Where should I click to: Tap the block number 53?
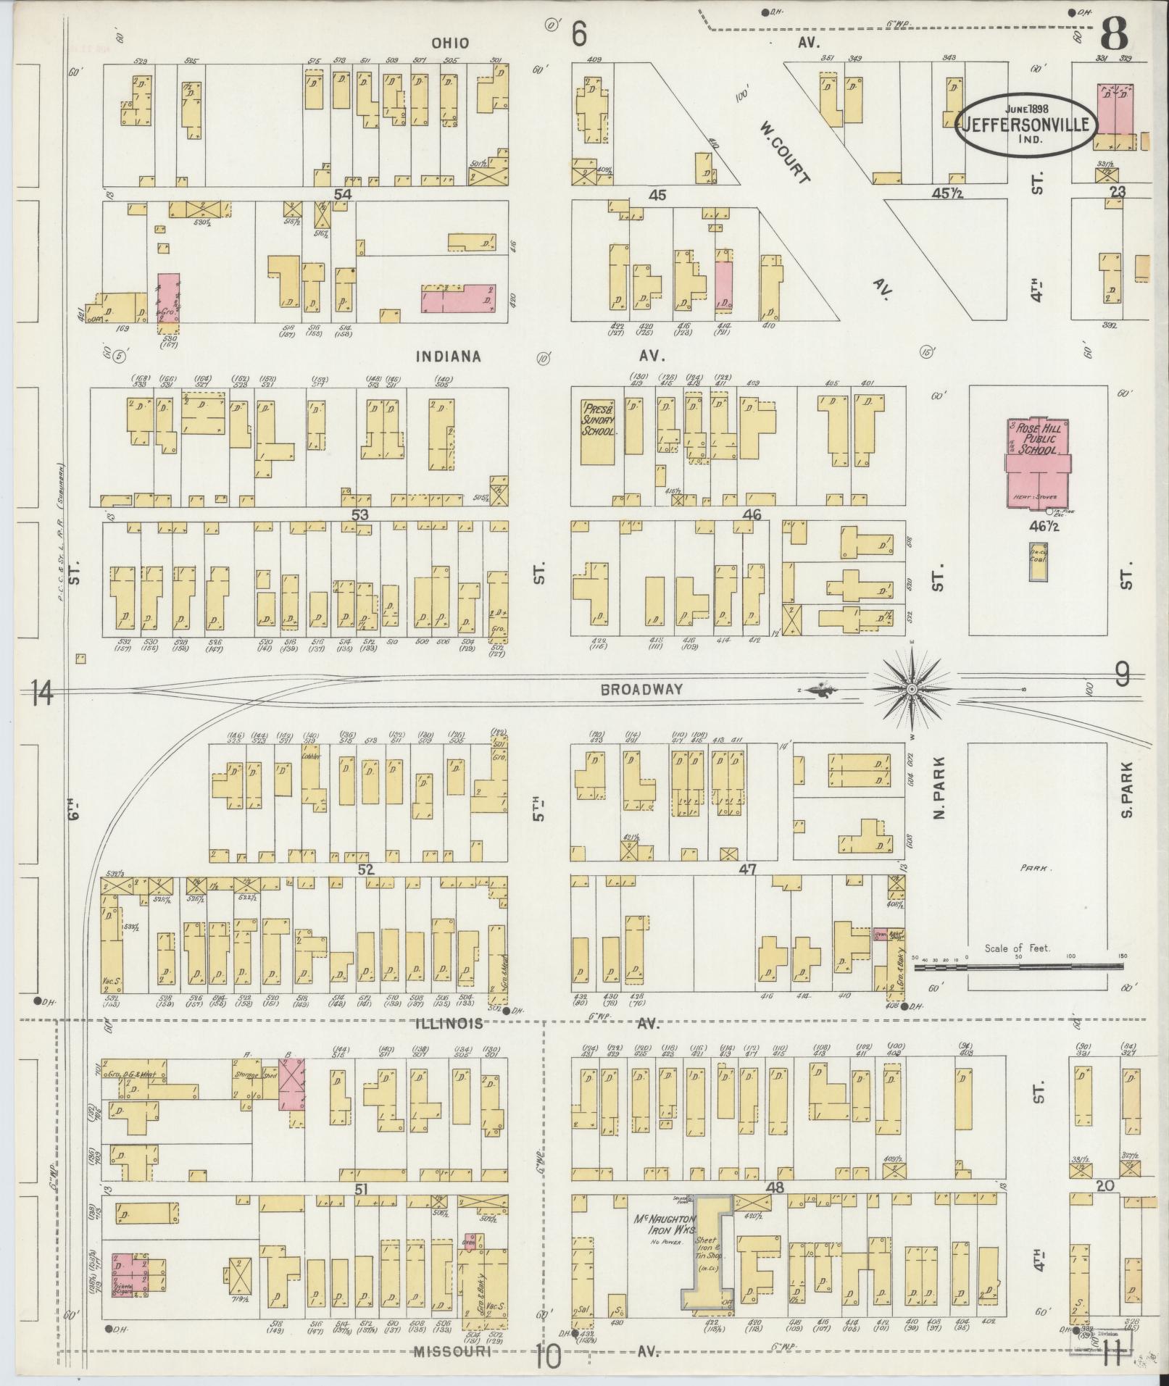point(360,514)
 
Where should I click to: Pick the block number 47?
point(746,869)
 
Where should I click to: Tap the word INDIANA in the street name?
point(449,356)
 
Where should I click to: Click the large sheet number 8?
point(1115,33)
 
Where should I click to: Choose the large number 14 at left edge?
point(43,694)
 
